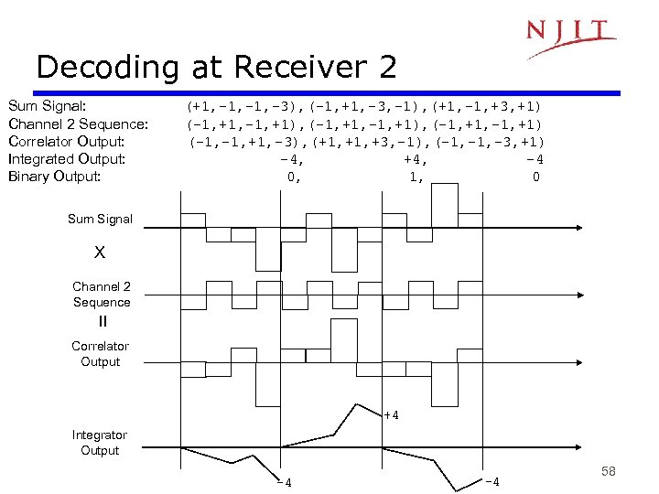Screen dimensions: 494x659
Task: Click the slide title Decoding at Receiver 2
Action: pyautogui.click(x=216, y=67)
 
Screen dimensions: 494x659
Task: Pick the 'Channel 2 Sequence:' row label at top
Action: pyautogui.click(x=78, y=123)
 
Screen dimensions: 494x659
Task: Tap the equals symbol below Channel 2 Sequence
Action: pyautogui.click(x=102, y=322)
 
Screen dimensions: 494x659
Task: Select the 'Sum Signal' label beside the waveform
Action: pyautogui.click(x=100, y=219)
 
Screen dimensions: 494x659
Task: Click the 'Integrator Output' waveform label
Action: pyautogui.click(x=100, y=443)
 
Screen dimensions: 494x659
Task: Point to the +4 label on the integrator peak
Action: pyautogui.click(x=390, y=416)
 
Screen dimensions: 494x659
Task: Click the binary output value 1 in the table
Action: pyautogui.click(x=416, y=177)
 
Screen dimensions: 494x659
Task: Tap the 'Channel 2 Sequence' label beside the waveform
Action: pyautogui.click(x=102, y=295)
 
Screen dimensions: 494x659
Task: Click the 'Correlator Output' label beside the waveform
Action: pyautogui.click(x=100, y=354)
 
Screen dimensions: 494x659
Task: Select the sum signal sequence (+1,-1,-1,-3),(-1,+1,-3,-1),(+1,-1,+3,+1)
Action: pyautogui.click(x=364, y=106)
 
